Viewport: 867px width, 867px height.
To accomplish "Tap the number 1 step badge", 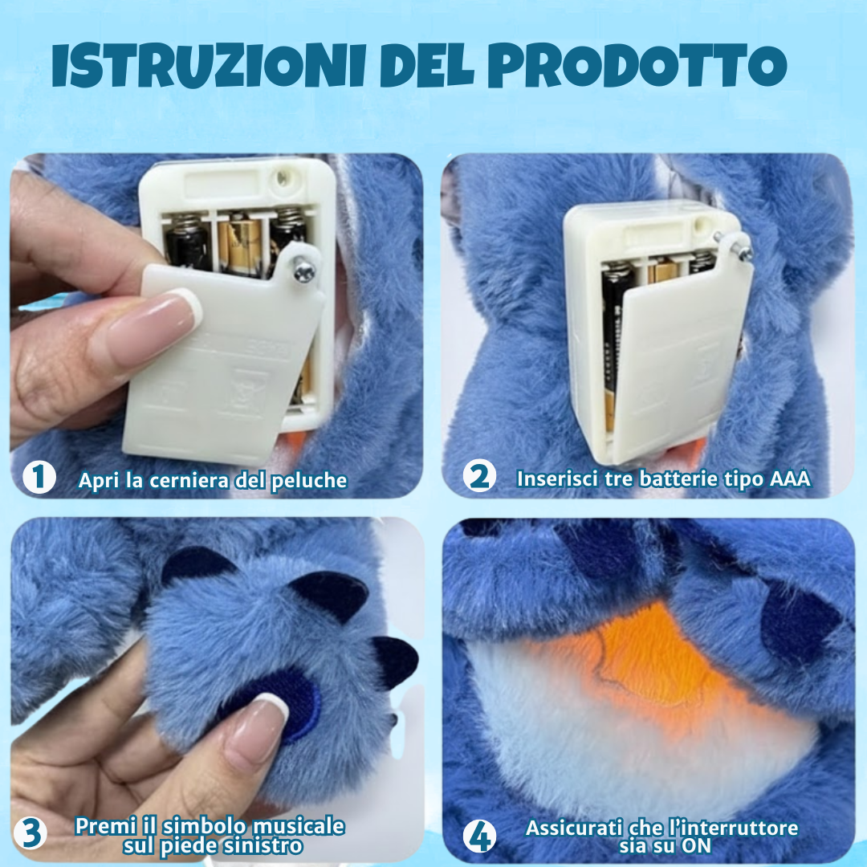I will (x=39, y=478).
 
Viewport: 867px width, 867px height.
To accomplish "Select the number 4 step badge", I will (x=479, y=837).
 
